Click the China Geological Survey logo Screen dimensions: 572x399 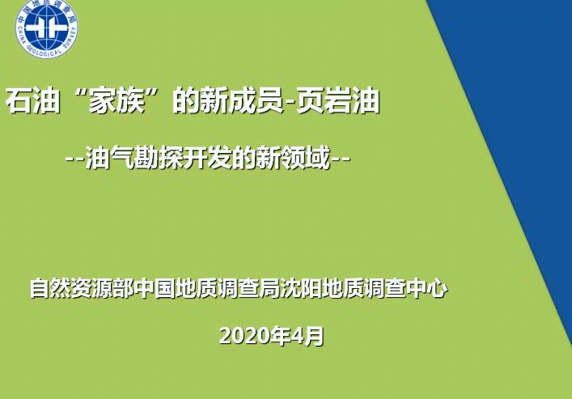46,28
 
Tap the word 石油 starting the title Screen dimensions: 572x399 33,100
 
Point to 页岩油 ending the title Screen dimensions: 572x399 338,100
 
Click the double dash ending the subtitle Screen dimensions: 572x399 341,159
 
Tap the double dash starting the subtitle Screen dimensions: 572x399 74,159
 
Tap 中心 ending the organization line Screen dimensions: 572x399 426,288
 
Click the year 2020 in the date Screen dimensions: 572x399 243,336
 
